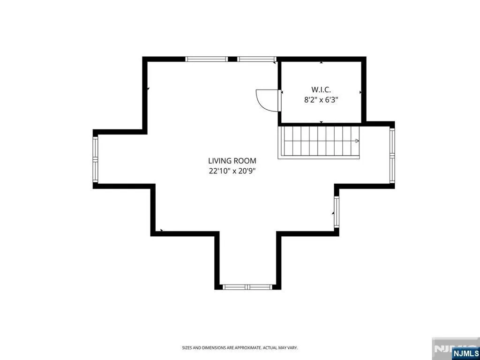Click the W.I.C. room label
tap(321, 90)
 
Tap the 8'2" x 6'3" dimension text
tap(321, 100)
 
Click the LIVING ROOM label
tap(232, 161)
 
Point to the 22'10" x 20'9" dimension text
tap(232, 171)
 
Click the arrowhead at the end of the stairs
tap(357, 141)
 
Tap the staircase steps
tap(319, 142)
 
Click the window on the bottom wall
tap(247, 287)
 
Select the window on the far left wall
tap(95, 159)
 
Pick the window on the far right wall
tap(392, 156)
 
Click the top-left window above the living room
tap(207, 59)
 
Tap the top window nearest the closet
tap(257, 59)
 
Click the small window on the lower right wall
tap(337, 211)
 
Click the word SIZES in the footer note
tap(187, 348)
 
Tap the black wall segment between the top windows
tap(232, 59)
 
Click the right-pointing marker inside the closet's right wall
tap(360, 92)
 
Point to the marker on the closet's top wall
tap(321, 62)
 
